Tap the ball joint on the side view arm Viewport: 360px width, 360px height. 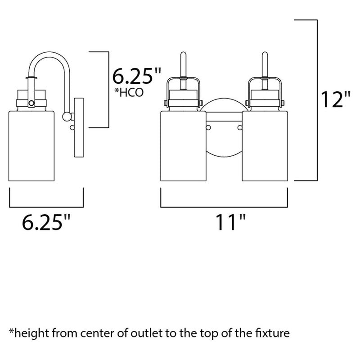pos(66,117)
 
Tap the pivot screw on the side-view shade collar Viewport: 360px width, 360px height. pos(31,103)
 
